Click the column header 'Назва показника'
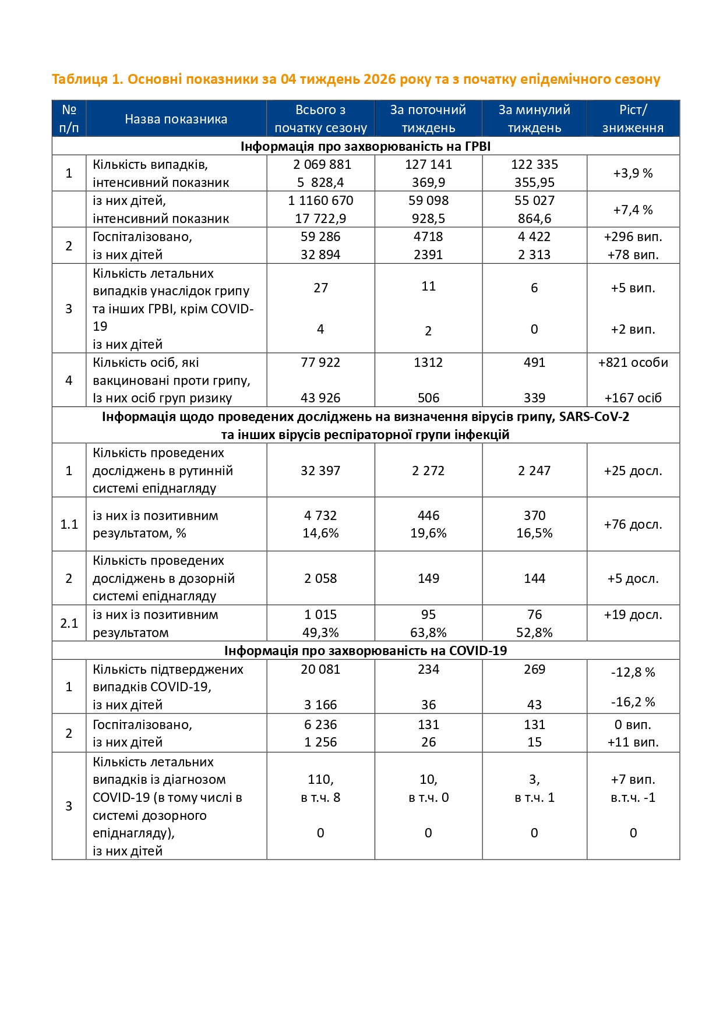pos(176,119)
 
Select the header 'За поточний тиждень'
pos(428,119)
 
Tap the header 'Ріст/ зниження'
pos(633,119)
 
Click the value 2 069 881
pos(322,164)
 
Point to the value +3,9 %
pos(633,173)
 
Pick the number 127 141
pos(428,164)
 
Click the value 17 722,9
pos(320,218)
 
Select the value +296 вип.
pos(633,236)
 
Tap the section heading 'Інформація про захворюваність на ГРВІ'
pos(365,146)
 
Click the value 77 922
pos(320,362)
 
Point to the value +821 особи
pos(633,362)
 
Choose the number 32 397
pos(320,471)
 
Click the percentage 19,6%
pos(428,533)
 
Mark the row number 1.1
pos(69,524)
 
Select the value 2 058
pos(320,578)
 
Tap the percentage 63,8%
pos(428,632)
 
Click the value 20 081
pos(320,669)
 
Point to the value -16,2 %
pos(633,702)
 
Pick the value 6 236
pos(320,724)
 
